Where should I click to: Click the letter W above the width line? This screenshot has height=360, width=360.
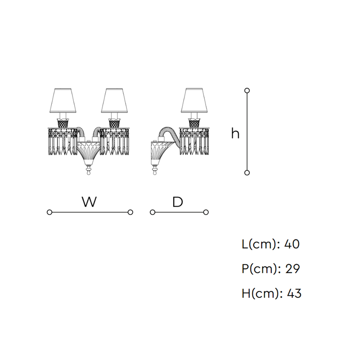point(89,202)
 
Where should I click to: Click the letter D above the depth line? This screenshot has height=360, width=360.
point(178,202)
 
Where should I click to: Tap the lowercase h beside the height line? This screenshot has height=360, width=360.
point(235,133)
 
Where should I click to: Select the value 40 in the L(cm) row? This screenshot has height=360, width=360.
point(292,244)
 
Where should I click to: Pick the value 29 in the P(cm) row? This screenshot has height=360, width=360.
point(292,269)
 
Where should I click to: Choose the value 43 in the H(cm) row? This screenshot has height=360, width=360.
point(294,293)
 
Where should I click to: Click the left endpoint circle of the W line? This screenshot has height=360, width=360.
point(49,212)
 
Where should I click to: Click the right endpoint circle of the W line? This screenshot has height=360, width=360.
point(130,212)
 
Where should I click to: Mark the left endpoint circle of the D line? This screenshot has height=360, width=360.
point(153,212)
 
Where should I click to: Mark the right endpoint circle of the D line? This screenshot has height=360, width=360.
point(206,212)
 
